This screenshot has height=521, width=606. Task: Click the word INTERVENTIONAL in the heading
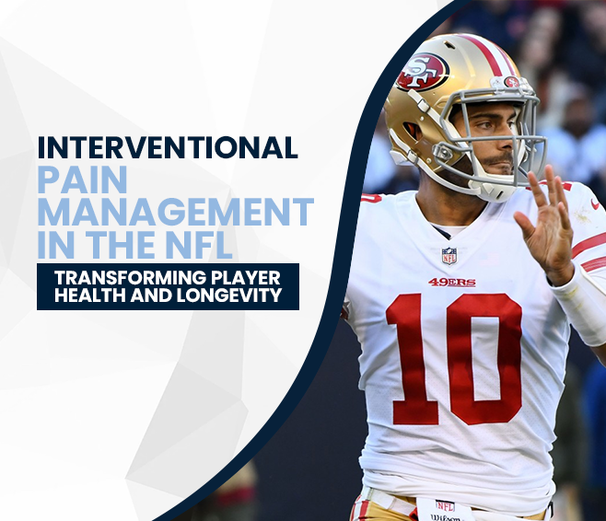coord(168,148)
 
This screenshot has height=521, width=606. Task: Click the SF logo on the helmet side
coord(423,72)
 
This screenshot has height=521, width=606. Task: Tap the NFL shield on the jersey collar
coord(449,255)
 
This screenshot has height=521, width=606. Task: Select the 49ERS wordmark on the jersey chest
coord(451,282)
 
